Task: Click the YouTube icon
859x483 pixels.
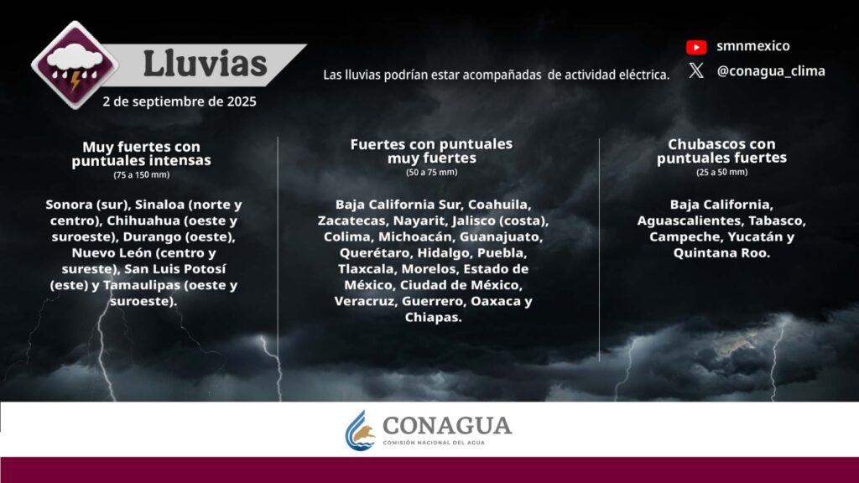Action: pyautogui.click(x=696, y=47)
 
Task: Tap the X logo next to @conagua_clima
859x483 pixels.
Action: pyautogui.click(x=696, y=70)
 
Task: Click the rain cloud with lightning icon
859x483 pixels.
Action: pyautogui.click(x=75, y=65)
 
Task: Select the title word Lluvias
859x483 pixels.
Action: pyautogui.click(x=205, y=64)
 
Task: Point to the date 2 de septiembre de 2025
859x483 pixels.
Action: pyautogui.click(x=180, y=101)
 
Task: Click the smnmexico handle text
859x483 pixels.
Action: pyautogui.click(x=752, y=46)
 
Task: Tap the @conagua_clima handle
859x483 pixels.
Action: pyautogui.click(x=771, y=71)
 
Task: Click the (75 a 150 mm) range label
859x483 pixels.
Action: pyautogui.click(x=141, y=174)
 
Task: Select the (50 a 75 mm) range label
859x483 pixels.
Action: pyautogui.click(x=432, y=172)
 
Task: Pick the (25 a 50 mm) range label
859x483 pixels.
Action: pyautogui.click(x=721, y=172)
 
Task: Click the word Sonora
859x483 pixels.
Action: pyautogui.click(x=69, y=205)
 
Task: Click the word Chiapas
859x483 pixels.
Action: pyautogui.click(x=433, y=317)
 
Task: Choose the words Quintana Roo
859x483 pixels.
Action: pyautogui.click(x=721, y=253)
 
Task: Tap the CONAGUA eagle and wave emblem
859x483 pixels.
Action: pyautogui.click(x=359, y=431)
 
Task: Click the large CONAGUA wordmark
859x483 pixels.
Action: pyautogui.click(x=447, y=425)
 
